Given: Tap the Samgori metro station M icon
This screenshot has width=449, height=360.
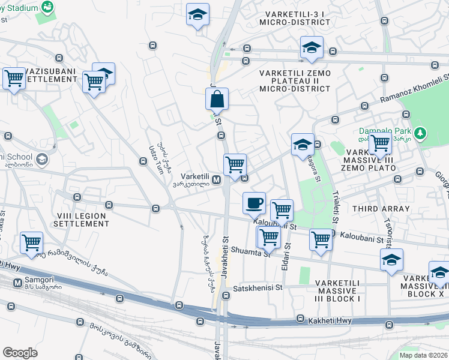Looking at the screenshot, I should [18, 281].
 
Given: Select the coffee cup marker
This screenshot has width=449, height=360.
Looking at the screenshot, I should [255, 203].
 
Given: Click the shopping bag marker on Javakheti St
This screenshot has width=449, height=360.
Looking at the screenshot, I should [217, 99].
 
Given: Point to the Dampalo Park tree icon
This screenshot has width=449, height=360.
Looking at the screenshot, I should [421, 131].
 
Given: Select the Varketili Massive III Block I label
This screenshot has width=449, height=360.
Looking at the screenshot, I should [337, 290].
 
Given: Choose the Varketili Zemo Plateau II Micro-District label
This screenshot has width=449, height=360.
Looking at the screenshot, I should [295, 80].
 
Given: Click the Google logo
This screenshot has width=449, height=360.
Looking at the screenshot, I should [20, 353].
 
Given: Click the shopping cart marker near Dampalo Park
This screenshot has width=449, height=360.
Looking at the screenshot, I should [380, 144].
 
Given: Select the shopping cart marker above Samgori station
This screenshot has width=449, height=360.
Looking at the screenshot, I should [31, 242].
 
